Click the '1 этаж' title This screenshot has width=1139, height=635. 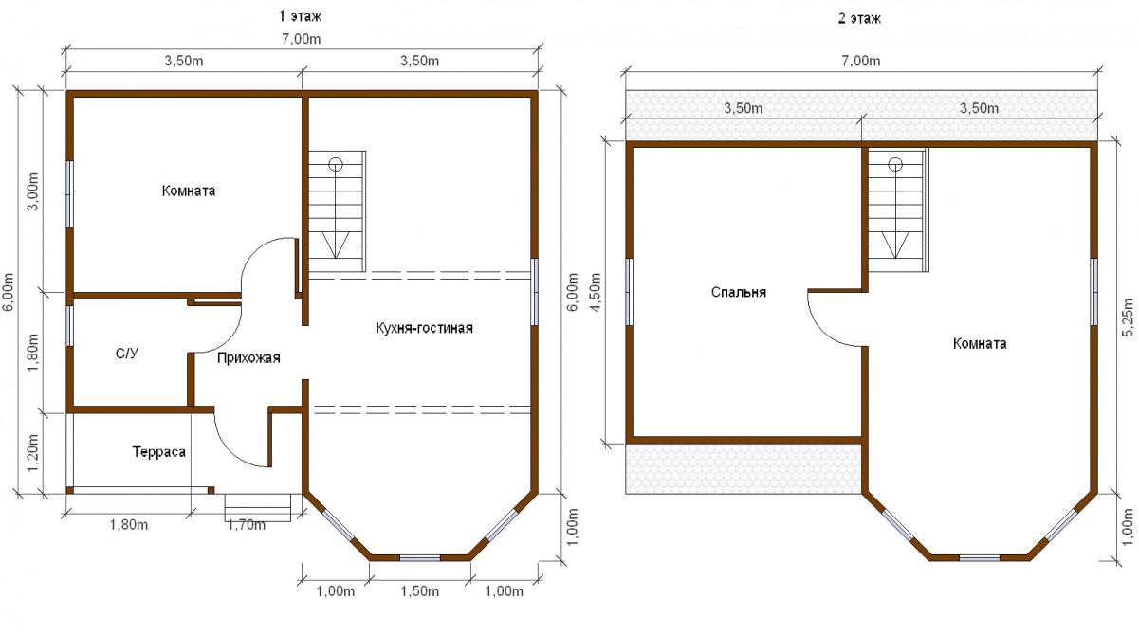click(x=300, y=17)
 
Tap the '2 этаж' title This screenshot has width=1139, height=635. click(x=859, y=19)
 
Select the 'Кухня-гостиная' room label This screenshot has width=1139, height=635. click(x=424, y=328)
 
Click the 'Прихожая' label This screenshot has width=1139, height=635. click(x=248, y=358)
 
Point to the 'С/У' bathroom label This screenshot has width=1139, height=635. click(x=127, y=354)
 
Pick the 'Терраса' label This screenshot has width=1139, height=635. click(x=158, y=452)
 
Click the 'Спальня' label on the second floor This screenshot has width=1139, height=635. click(x=739, y=293)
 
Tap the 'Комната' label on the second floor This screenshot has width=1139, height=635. click(x=980, y=344)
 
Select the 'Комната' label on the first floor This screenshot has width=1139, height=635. click(x=188, y=191)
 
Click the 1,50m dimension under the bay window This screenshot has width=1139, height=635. click(x=420, y=591)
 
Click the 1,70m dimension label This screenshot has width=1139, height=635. click(x=247, y=525)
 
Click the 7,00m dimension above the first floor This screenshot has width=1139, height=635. click(x=302, y=39)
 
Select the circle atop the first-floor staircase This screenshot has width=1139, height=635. click(x=336, y=164)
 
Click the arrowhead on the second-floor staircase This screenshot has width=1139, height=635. click(x=895, y=245)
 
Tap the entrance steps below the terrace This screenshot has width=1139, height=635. click(x=258, y=507)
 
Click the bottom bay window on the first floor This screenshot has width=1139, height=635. click(x=420, y=558)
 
